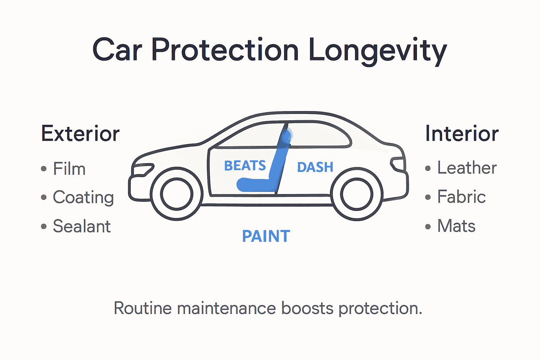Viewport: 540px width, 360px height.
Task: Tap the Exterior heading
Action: [x=81, y=134]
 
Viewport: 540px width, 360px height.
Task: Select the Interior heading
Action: [x=462, y=134]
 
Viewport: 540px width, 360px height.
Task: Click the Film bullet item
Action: [x=69, y=169]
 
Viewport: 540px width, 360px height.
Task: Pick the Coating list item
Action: [x=83, y=197]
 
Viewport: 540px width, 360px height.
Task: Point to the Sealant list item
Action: [x=82, y=226]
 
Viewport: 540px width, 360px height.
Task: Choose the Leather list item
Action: [x=467, y=168]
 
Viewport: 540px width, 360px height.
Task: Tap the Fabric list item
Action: [x=461, y=197]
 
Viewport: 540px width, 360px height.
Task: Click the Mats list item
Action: [x=456, y=226]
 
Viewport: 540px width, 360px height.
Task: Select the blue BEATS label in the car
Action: [x=245, y=166]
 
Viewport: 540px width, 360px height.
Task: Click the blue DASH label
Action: [x=315, y=167]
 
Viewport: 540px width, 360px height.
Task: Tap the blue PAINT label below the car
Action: [x=266, y=236]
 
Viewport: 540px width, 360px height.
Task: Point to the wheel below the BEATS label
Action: [x=176, y=194]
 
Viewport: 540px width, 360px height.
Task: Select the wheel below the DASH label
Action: [x=356, y=194]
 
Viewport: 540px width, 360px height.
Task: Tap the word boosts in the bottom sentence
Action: [x=307, y=308]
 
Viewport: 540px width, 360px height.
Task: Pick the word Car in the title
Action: [x=117, y=51]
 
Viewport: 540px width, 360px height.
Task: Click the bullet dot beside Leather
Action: [x=428, y=168]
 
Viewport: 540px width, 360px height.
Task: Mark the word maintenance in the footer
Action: [x=227, y=308]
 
